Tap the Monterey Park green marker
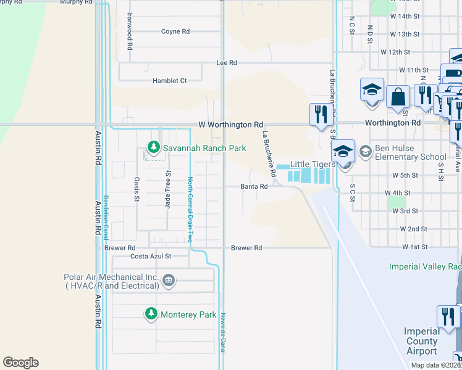151,314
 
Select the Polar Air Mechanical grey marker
168,282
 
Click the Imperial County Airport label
422,341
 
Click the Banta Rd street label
254,186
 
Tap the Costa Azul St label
150,256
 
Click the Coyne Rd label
175,32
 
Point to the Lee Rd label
227,63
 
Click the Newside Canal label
224,332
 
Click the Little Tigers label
313,165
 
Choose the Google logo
20,363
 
